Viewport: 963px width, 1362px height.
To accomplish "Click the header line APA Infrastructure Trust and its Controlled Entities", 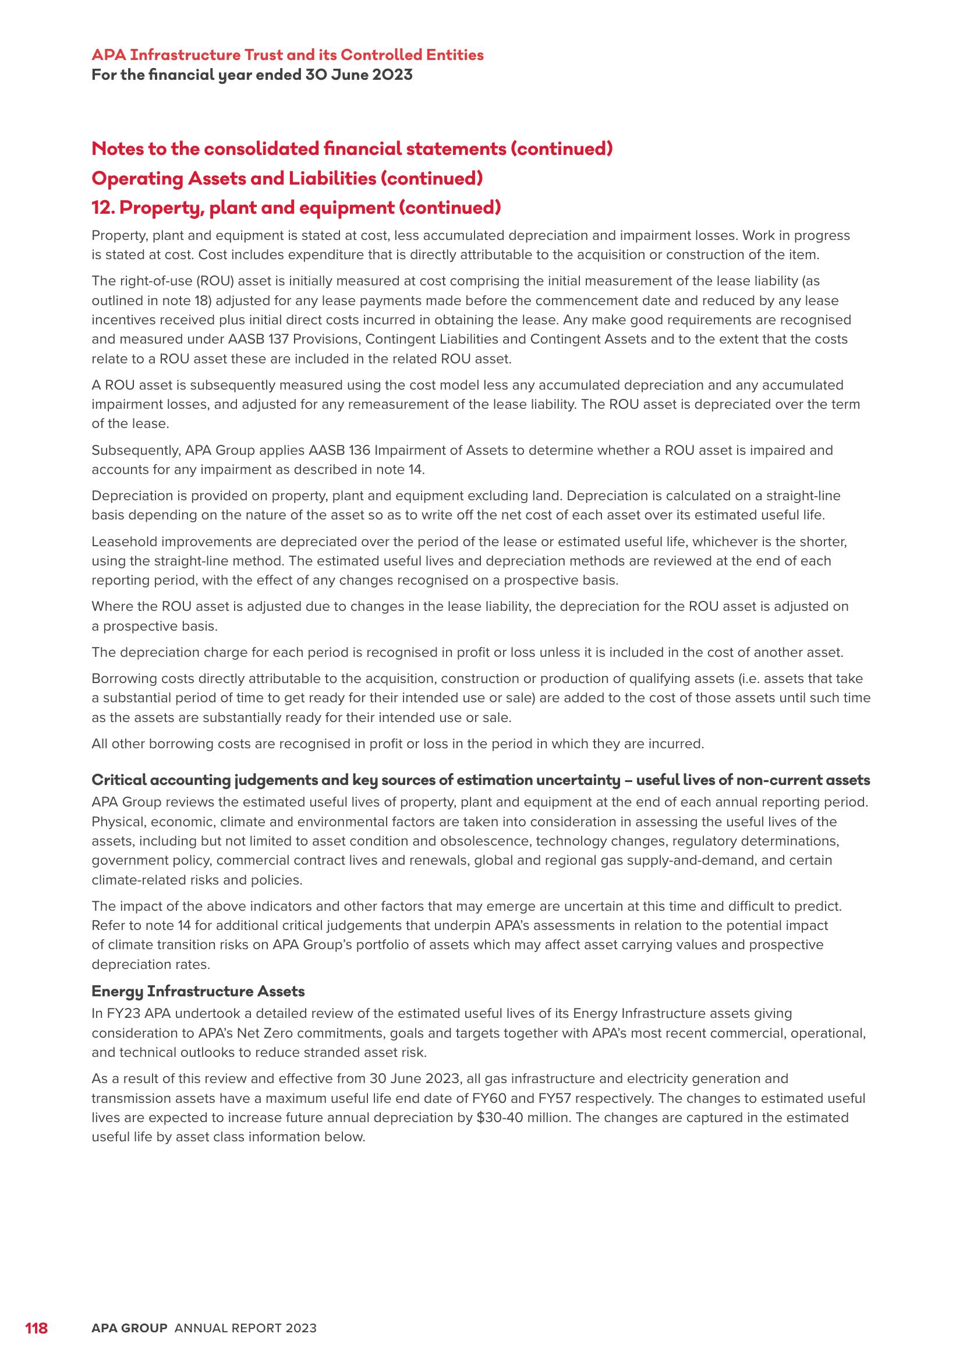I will pos(288,55).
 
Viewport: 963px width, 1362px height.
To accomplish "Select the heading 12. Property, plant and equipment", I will pos(296,208).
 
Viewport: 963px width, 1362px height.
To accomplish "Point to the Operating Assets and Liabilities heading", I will pos(287,178).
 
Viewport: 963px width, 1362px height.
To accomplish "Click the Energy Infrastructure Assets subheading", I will pos(198,991).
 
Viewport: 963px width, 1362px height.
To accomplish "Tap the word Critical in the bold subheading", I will pos(114,780).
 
